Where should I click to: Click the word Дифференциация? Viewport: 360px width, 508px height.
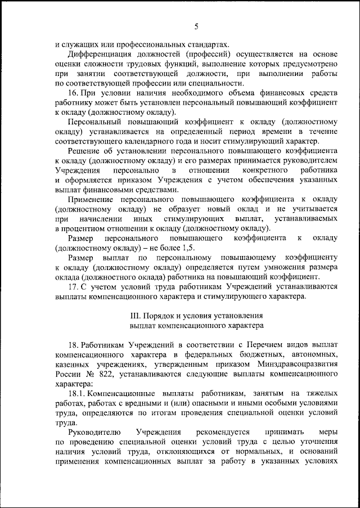[x=98, y=54]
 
